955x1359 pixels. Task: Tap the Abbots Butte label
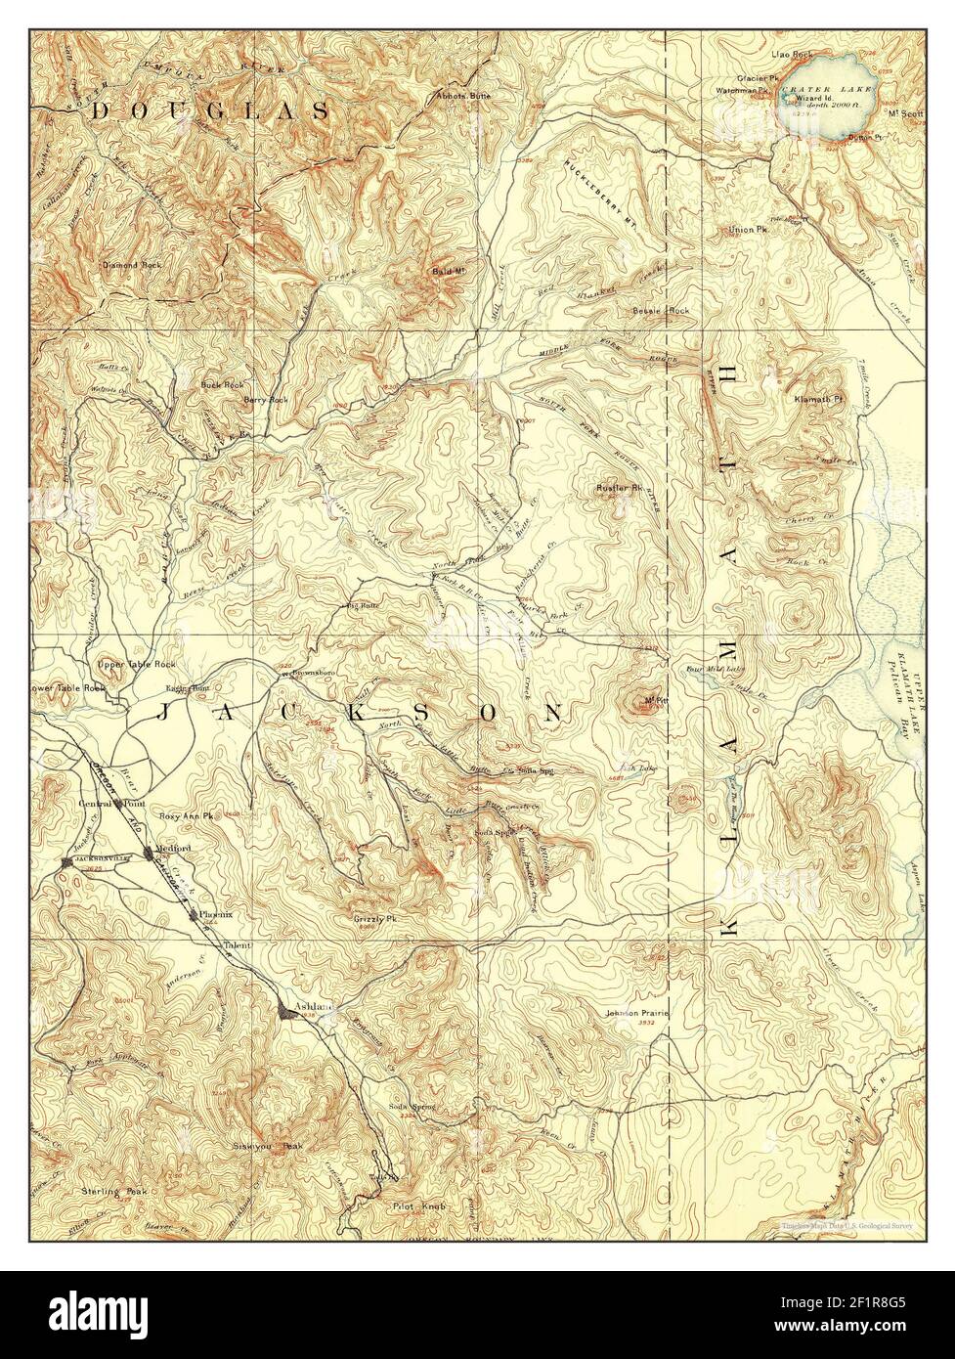tap(464, 96)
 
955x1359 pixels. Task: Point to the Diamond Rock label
tap(131, 265)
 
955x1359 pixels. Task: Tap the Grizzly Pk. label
tap(374, 920)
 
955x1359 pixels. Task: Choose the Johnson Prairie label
tap(636, 1013)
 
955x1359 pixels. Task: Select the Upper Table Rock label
tap(136, 665)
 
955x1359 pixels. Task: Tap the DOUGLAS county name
tap(210, 112)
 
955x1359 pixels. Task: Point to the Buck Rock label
tap(221, 385)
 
